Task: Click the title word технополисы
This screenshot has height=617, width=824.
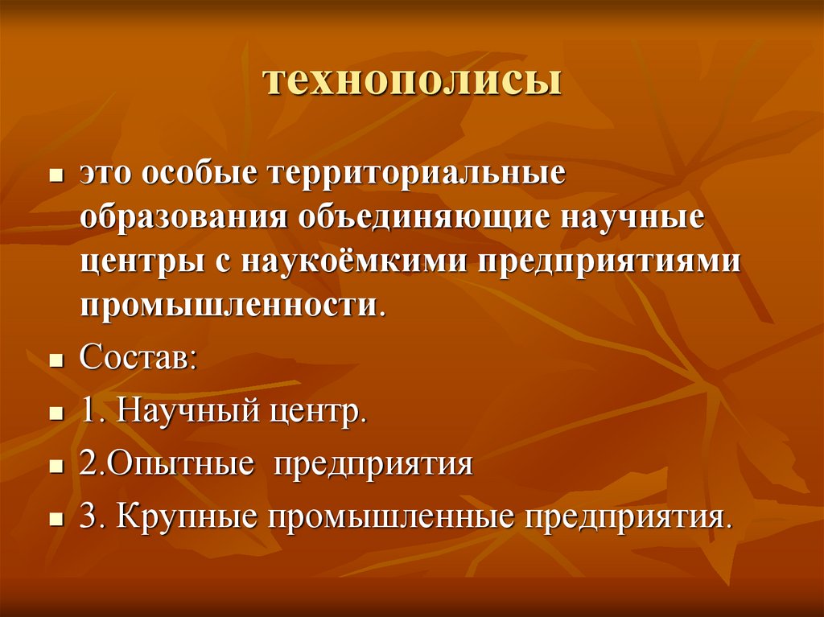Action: click(x=411, y=82)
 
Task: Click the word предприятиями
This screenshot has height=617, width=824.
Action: click(x=609, y=263)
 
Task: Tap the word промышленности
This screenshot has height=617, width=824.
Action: click(x=226, y=306)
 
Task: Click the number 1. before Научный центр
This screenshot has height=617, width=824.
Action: click(x=93, y=413)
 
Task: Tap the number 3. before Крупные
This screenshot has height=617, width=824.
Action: click(x=93, y=516)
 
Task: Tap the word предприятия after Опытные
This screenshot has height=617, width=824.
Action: click(x=373, y=465)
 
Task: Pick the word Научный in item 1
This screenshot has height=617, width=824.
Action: click(x=185, y=413)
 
